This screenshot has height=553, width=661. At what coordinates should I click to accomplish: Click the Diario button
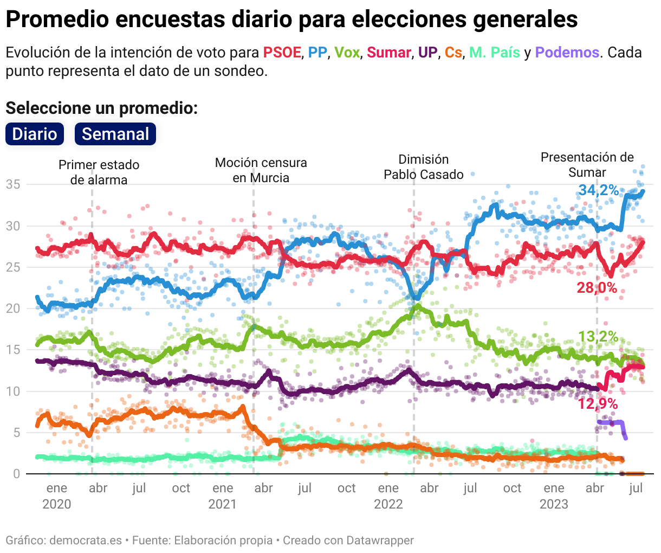coord(35,134)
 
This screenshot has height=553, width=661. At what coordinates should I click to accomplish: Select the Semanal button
coord(115,134)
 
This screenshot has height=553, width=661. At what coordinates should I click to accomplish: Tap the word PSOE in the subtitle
coord(282,53)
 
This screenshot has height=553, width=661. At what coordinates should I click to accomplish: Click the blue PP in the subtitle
coord(317,53)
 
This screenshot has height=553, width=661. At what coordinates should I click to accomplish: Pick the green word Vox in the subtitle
coord(347,53)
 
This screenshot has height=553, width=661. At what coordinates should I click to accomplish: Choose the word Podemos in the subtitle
coord(567,53)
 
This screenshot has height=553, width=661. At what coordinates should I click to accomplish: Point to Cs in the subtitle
coord(453,53)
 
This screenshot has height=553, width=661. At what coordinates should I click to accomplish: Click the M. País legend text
coord(494,53)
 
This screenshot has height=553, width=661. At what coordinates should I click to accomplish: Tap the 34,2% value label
coord(598,190)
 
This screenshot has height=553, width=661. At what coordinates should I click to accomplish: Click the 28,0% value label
coord(597,287)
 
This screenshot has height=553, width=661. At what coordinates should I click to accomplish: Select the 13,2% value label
coord(598,337)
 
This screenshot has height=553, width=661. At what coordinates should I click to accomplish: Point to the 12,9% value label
coord(598,403)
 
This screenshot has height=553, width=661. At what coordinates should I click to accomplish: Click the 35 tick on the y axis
coord(13,184)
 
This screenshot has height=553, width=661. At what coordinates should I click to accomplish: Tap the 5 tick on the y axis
coord(16,433)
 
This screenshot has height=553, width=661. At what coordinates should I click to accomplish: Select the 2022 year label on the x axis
coord(388,504)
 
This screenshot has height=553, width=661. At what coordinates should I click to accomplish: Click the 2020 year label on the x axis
coord(57,504)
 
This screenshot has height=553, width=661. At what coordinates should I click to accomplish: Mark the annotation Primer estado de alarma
coord(99,172)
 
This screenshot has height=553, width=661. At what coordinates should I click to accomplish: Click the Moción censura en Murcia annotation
coord(261,170)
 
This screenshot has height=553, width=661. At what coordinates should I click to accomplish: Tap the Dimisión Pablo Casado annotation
coord(424,167)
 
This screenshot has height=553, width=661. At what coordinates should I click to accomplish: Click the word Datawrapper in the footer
coord(380,541)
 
